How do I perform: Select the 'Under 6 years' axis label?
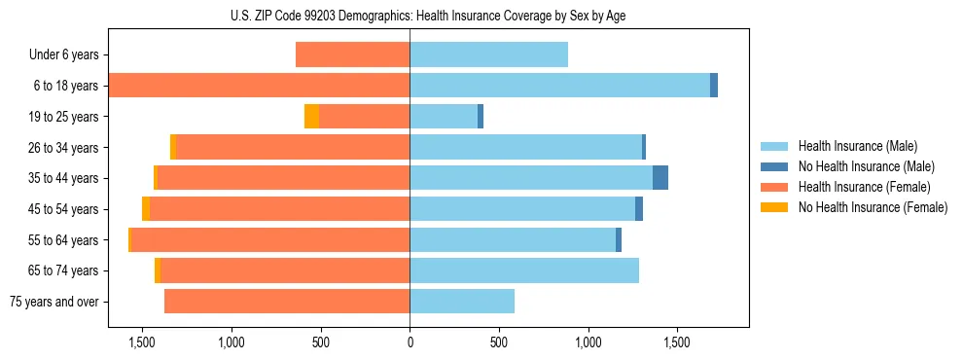[x=63, y=55]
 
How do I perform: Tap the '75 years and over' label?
[x=54, y=302]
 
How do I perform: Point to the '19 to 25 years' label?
[x=62, y=117]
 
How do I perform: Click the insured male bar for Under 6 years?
[x=488, y=55]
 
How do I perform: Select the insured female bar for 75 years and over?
[x=287, y=302]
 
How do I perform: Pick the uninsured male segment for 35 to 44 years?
[x=660, y=178]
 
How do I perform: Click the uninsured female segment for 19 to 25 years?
[x=311, y=117]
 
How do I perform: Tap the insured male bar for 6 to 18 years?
[x=559, y=86]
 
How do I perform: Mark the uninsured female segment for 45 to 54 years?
[x=146, y=209]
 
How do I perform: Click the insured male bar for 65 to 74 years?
[x=524, y=270]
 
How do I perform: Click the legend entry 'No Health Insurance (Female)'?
[x=873, y=207]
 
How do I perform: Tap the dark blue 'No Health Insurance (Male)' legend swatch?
[x=774, y=166]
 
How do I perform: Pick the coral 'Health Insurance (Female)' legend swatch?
[x=774, y=187]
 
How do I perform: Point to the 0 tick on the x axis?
[x=410, y=342]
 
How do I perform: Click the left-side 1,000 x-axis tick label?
[x=232, y=342]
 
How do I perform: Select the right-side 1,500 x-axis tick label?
[x=677, y=342]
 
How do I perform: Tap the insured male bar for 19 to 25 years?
[x=444, y=117]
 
